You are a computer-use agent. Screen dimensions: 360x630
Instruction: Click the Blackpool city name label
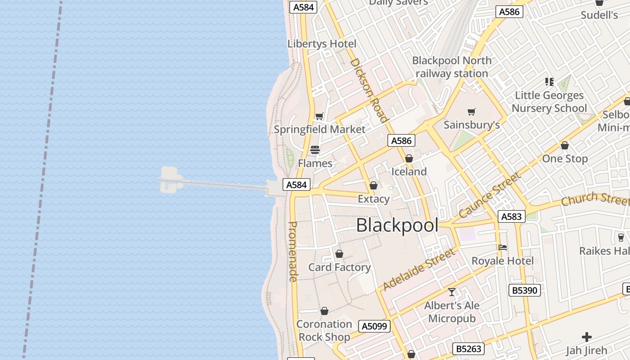click(397, 225)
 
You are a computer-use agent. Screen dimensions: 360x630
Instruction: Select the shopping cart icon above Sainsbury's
click(472, 112)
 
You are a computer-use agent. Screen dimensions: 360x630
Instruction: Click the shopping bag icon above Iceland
click(409, 158)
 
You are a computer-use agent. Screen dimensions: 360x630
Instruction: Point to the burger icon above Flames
click(315, 150)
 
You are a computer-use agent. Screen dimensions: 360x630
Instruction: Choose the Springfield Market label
click(319, 130)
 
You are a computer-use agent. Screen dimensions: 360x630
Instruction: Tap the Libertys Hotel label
click(322, 44)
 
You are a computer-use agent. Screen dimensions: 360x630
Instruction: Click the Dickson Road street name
click(369, 90)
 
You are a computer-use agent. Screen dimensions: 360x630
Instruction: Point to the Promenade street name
click(293, 252)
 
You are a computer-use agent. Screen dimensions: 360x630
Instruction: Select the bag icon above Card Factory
click(339, 254)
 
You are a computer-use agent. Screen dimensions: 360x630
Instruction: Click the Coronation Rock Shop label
click(324, 331)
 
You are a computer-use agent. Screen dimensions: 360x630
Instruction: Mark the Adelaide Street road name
click(419, 270)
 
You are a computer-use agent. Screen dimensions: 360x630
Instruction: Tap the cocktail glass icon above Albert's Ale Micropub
click(452, 292)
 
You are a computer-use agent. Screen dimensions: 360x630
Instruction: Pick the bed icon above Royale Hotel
click(503, 247)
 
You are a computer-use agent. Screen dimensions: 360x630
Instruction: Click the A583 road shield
click(512, 217)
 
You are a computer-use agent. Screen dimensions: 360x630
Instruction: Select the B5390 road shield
click(525, 290)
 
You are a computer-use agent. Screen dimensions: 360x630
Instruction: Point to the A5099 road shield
click(374, 326)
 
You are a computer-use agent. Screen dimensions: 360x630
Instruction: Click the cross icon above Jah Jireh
click(587, 337)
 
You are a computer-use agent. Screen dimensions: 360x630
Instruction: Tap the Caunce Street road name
click(490, 195)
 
